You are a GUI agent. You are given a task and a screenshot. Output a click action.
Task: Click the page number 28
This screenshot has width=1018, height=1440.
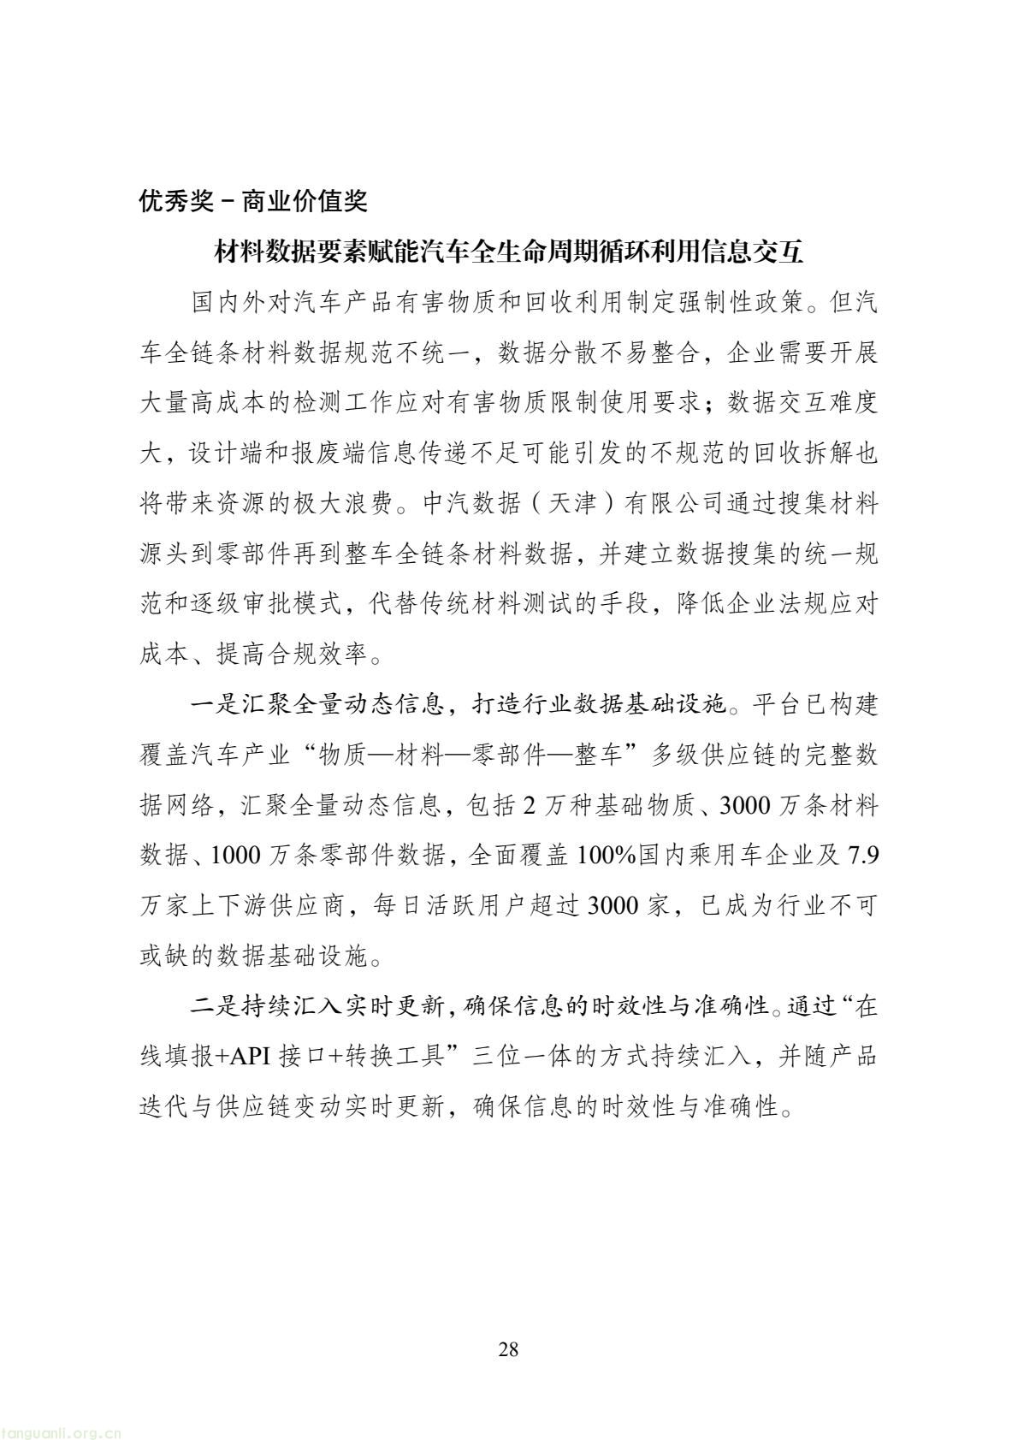click(508, 1350)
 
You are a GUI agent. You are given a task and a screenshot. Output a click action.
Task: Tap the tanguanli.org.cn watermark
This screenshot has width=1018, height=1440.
click(64, 1429)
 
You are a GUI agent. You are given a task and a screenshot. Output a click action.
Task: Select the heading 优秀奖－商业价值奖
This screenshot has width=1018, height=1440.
click(253, 202)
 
